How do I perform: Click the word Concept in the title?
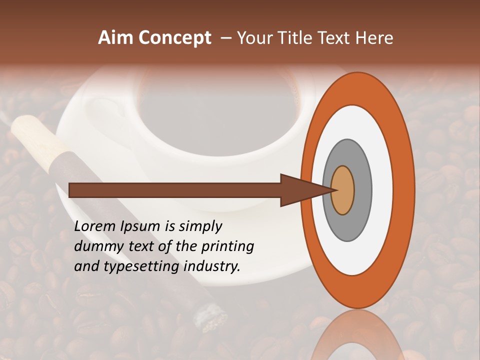coord(174,38)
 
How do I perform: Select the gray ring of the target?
coord(362,190)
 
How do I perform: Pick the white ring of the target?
coord(382,190)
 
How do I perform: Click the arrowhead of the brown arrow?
coord(300,190)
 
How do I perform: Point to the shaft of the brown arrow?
coord(175,190)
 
